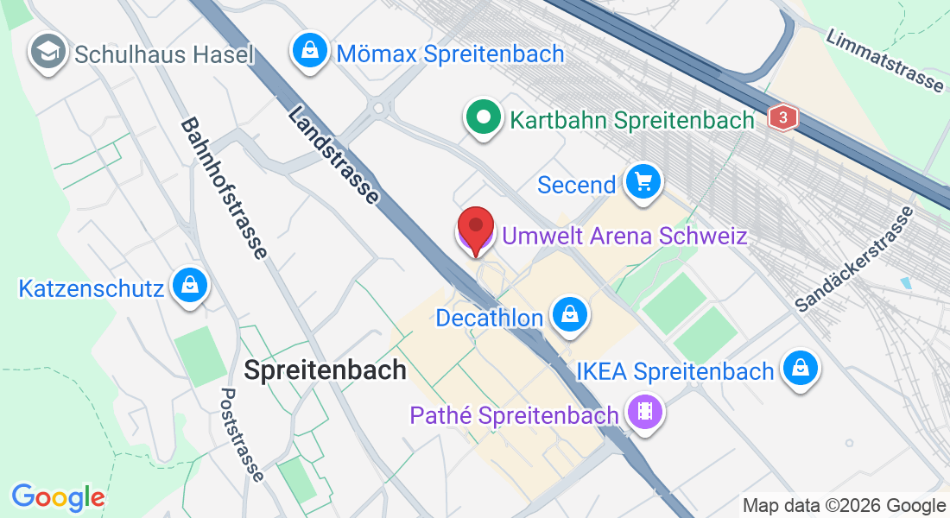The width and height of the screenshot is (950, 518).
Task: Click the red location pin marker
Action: point(475,228)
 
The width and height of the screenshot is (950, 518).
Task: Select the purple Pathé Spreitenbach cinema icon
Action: point(644,411)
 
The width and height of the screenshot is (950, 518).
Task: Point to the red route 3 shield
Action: point(782,117)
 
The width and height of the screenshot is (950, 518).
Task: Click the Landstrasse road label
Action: point(333,155)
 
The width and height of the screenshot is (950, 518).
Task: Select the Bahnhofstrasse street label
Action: point(223,188)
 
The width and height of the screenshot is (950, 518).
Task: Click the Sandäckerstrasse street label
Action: point(854,259)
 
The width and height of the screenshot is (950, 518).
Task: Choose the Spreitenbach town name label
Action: point(325,370)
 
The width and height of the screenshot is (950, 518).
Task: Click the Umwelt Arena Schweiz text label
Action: point(624,235)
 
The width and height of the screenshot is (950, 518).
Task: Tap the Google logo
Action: point(58,497)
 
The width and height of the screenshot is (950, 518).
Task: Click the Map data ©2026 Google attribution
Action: point(844,506)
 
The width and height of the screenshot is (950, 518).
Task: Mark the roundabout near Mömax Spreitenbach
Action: point(377,108)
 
